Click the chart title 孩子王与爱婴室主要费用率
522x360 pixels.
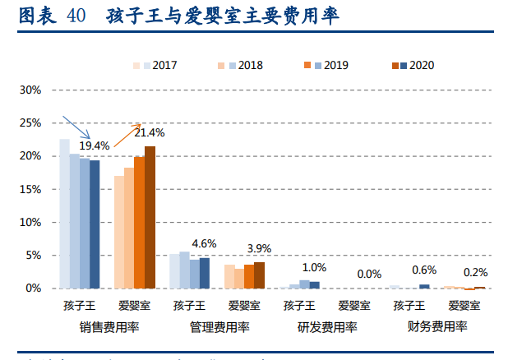point(222,16)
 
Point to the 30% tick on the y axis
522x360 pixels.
point(30,90)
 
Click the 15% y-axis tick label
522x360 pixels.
point(30,189)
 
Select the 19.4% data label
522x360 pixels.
point(94,145)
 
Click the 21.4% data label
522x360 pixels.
point(150,132)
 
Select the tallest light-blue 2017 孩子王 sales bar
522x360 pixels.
point(64,214)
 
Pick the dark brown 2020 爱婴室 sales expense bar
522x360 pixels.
point(150,217)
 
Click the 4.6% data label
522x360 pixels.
point(204,244)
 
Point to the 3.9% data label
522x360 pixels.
point(259,248)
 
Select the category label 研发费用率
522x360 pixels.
point(327,326)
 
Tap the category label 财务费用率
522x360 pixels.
point(437,326)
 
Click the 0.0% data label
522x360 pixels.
point(369,274)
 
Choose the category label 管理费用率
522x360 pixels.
point(219,326)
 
